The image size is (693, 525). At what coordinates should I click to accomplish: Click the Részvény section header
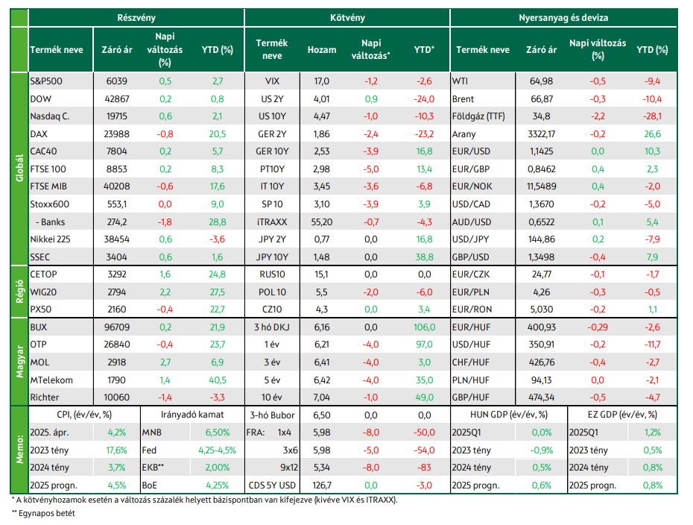(136, 18)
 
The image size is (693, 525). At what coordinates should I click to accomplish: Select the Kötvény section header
(347, 18)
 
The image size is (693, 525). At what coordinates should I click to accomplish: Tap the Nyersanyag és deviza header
(563, 18)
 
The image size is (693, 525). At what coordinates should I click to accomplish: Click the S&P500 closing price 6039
(117, 81)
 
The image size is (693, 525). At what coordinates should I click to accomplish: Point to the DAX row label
(39, 134)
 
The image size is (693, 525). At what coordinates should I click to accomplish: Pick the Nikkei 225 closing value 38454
(117, 239)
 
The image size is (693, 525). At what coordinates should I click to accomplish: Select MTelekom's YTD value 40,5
(217, 380)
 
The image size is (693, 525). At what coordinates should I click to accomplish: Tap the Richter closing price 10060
(117, 397)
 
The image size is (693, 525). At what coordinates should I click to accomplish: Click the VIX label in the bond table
(272, 81)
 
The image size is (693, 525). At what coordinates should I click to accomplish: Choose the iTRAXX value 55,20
(322, 222)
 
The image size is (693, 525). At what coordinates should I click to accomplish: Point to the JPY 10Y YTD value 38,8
(424, 257)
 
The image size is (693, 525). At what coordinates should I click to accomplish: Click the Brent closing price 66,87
(542, 99)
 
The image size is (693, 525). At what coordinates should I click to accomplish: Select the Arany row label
(464, 134)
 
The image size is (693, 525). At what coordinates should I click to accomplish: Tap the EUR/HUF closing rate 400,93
(542, 327)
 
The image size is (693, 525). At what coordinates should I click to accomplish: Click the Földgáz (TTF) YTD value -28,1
(652, 116)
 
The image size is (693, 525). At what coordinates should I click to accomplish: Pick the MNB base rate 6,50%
(217, 433)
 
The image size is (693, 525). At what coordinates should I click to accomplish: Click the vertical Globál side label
(19, 168)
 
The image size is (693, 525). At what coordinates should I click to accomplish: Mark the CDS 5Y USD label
(272, 485)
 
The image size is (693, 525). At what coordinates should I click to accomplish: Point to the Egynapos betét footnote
(43, 514)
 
